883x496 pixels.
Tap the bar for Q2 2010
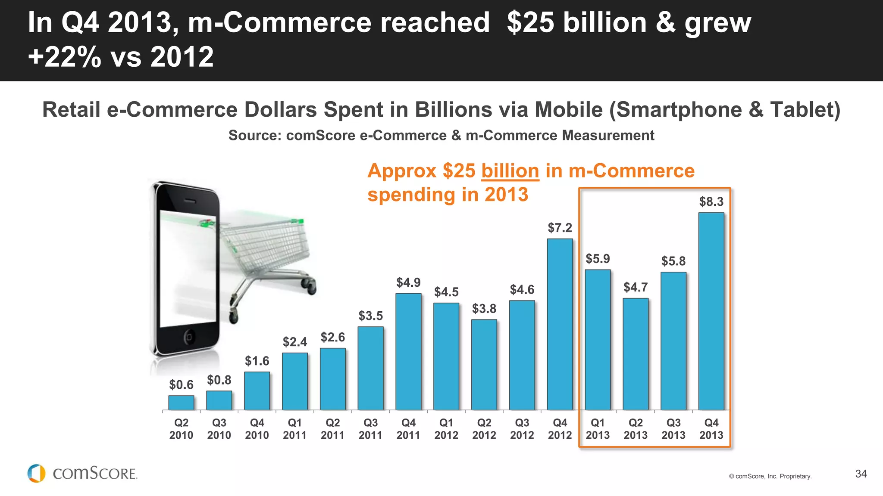click(181, 402)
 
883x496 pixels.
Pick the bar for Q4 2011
click(408, 351)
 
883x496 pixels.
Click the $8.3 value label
click(711, 201)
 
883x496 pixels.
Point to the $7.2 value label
click(560, 228)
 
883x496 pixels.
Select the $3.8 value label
click(484, 309)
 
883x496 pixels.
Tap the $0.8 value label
click(219, 380)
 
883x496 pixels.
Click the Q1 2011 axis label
click(294, 429)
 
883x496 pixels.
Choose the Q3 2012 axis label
click(522, 429)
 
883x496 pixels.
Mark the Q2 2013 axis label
click(635, 429)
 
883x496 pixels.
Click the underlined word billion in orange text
click(510, 171)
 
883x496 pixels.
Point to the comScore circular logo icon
click(36, 473)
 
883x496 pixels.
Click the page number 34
click(861, 474)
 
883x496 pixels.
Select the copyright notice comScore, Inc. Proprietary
click(770, 476)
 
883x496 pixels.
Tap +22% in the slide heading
click(65, 57)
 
